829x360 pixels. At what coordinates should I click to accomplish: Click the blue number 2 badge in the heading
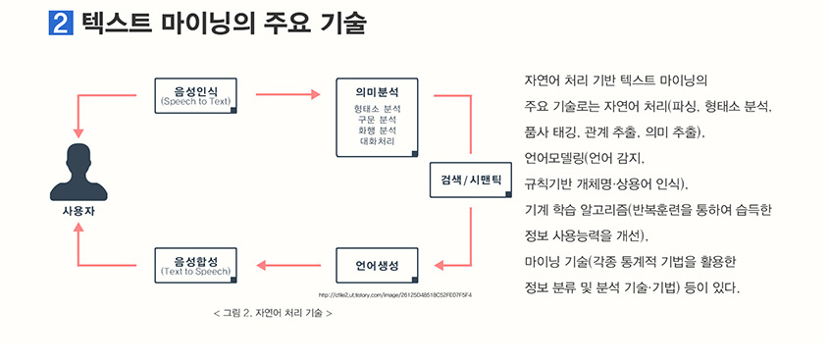click(x=62, y=23)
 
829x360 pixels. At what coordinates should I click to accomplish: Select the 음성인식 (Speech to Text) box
click(x=195, y=95)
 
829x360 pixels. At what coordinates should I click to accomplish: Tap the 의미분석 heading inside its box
click(x=377, y=90)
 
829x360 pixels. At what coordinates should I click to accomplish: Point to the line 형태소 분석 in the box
click(x=378, y=108)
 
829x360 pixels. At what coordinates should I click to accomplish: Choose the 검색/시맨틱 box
click(x=471, y=180)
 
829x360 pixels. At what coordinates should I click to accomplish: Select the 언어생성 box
click(x=377, y=265)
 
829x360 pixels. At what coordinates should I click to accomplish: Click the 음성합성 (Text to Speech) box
click(x=195, y=264)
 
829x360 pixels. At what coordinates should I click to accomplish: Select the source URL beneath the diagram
click(x=395, y=295)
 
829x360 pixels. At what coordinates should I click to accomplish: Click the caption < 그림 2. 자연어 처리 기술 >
click(x=272, y=314)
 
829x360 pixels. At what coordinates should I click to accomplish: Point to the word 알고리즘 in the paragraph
click(x=606, y=209)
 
